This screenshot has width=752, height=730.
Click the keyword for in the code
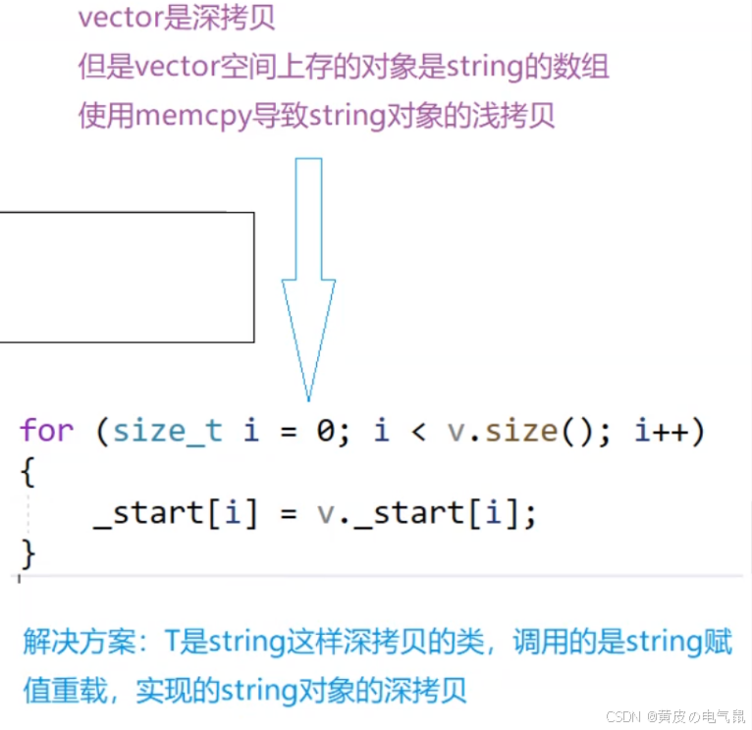(x=46, y=431)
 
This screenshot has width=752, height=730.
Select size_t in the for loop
(x=168, y=431)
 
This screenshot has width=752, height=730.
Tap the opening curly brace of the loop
(x=27, y=473)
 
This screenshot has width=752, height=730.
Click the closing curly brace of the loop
(x=27, y=554)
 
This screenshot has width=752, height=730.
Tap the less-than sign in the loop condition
(x=416, y=431)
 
